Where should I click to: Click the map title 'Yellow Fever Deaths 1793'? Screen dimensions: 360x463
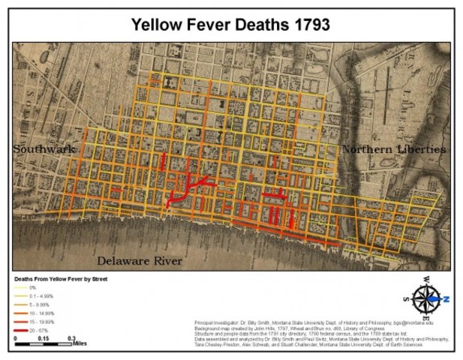point(230,24)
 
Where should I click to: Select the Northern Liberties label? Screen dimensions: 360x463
point(393,149)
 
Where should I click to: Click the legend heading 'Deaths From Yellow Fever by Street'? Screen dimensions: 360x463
point(61,279)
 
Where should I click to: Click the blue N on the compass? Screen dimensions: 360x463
point(445,298)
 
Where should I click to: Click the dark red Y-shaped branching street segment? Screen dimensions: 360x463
point(192,184)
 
